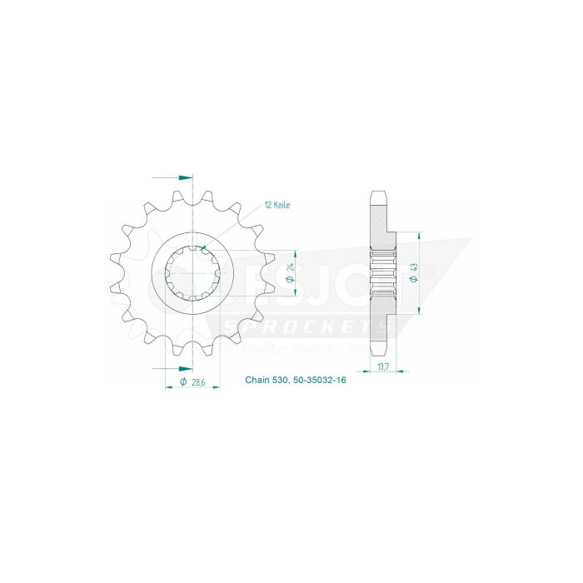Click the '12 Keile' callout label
click(277, 205)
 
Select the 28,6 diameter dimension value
click(197, 381)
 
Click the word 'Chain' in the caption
click(256, 381)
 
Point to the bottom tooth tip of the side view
click(377, 352)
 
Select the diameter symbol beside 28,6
click(182, 381)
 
